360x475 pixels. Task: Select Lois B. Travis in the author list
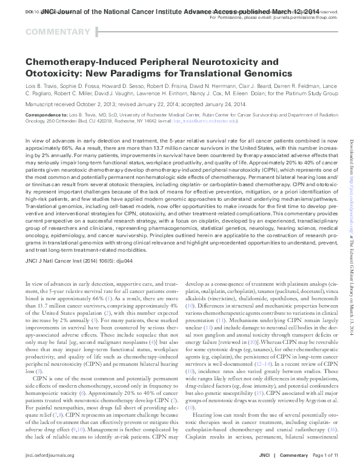pos(42,86)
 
